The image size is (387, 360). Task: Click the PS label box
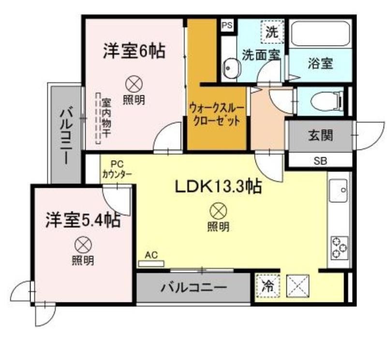pyautogui.click(x=227, y=26)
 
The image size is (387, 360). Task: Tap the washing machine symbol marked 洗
pyautogui.click(x=272, y=32)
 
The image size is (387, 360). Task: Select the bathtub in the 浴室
pyautogui.click(x=320, y=34)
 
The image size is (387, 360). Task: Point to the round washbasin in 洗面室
pyautogui.click(x=232, y=68)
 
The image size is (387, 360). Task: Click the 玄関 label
pyautogui.click(x=320, y=135)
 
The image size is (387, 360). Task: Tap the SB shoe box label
pyautogui.click(x=320, y=161)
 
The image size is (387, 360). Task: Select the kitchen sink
pyautogui.click(x=339, y=190)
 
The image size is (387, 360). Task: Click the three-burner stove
pyautogui.click(x=340, y=248)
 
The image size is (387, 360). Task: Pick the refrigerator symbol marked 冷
pyautogui.click(x=268, y=286)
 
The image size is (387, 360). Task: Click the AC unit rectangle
pyautogui.click(x=151, y=263)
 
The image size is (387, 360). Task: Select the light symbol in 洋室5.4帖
pyautogui.click(x=83, y=245)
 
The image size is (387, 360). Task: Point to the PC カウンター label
pyautogui.click(x=117, y=169)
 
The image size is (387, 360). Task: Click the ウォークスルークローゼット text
pyautogui.click(x=217, y=115)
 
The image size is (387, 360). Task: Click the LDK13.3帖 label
pyautogui.click(x=218, y=187)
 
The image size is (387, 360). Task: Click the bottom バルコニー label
pyautogui.click(x=194, y=287)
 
